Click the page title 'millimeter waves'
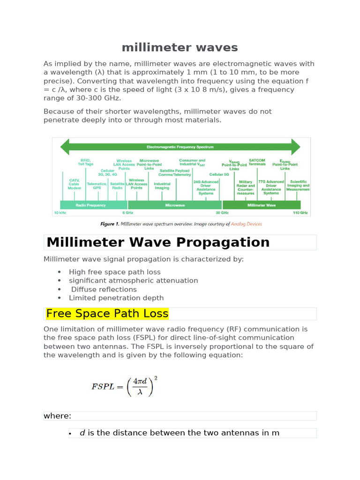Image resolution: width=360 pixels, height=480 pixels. click(180, 47)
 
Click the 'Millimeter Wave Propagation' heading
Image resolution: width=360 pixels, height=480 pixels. click(158, 242)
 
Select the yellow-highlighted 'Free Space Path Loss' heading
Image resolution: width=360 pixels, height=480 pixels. click(107, 314)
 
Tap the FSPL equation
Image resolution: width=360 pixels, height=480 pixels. click(124, 386)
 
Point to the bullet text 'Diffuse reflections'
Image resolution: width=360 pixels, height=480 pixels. click(104, 289)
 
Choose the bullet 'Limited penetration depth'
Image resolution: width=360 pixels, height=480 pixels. click(116, 298)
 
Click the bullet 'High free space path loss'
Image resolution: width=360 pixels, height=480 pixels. click(114, 272)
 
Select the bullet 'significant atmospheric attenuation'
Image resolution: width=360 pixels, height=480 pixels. click(133, 280)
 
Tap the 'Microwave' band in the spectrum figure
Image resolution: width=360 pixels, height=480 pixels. click(175, 205)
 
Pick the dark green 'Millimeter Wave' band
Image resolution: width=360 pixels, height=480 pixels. click(261, 205)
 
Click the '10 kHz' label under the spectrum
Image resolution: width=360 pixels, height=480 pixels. click(60, 213)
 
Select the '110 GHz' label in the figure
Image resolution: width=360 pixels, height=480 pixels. click(300, 213)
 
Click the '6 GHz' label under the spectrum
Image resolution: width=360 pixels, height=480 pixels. click(127, 213)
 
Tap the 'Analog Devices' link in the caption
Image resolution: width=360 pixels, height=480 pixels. click(247, 224)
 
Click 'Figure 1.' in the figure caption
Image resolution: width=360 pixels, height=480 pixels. click(110, 224)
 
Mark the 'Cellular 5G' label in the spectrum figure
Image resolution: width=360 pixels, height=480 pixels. click(219, 174)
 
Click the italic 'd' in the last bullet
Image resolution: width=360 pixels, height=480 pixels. click(82, 433)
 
